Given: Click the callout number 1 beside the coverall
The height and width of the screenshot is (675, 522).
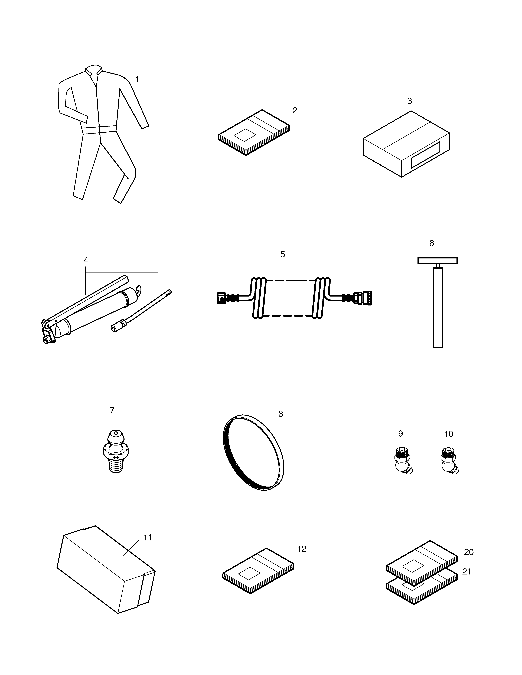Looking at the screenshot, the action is (137, 79).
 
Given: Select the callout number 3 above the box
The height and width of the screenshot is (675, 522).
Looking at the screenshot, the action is (409, 101).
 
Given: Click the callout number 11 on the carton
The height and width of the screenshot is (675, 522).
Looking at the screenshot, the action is (148, 538).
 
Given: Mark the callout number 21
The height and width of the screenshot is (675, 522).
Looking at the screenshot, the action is (467, 572).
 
